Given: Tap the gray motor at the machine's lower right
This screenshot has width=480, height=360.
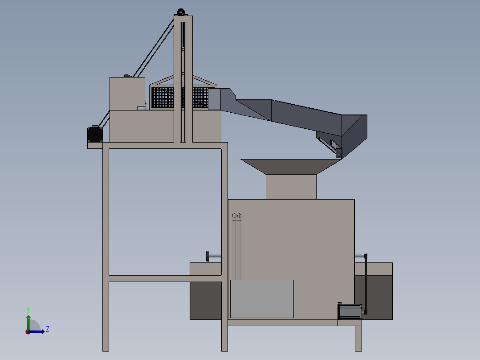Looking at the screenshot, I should (350, 311).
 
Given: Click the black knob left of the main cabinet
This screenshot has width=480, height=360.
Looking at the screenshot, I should (208, 256).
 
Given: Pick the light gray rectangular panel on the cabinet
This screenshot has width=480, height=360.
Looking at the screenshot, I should (262, 299).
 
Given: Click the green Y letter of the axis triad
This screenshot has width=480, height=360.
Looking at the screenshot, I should (28, 309).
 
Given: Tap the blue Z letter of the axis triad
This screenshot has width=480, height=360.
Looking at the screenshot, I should (47, 329).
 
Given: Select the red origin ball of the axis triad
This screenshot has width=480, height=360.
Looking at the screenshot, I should (28, 331).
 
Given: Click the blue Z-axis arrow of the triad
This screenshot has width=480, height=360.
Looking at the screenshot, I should (39, 331).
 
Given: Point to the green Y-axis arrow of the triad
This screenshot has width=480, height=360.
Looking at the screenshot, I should (28, 321).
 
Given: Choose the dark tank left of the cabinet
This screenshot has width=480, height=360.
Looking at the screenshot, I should (206, 300).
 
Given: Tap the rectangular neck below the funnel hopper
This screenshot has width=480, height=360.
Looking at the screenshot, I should (291, 186).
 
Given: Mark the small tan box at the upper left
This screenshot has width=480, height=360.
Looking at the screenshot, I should (127, 93).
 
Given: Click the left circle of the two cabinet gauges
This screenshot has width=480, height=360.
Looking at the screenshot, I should (235, 216).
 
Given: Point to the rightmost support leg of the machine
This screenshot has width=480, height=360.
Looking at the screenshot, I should (358, 338).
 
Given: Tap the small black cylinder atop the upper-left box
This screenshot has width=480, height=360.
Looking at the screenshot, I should (128, 76).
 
